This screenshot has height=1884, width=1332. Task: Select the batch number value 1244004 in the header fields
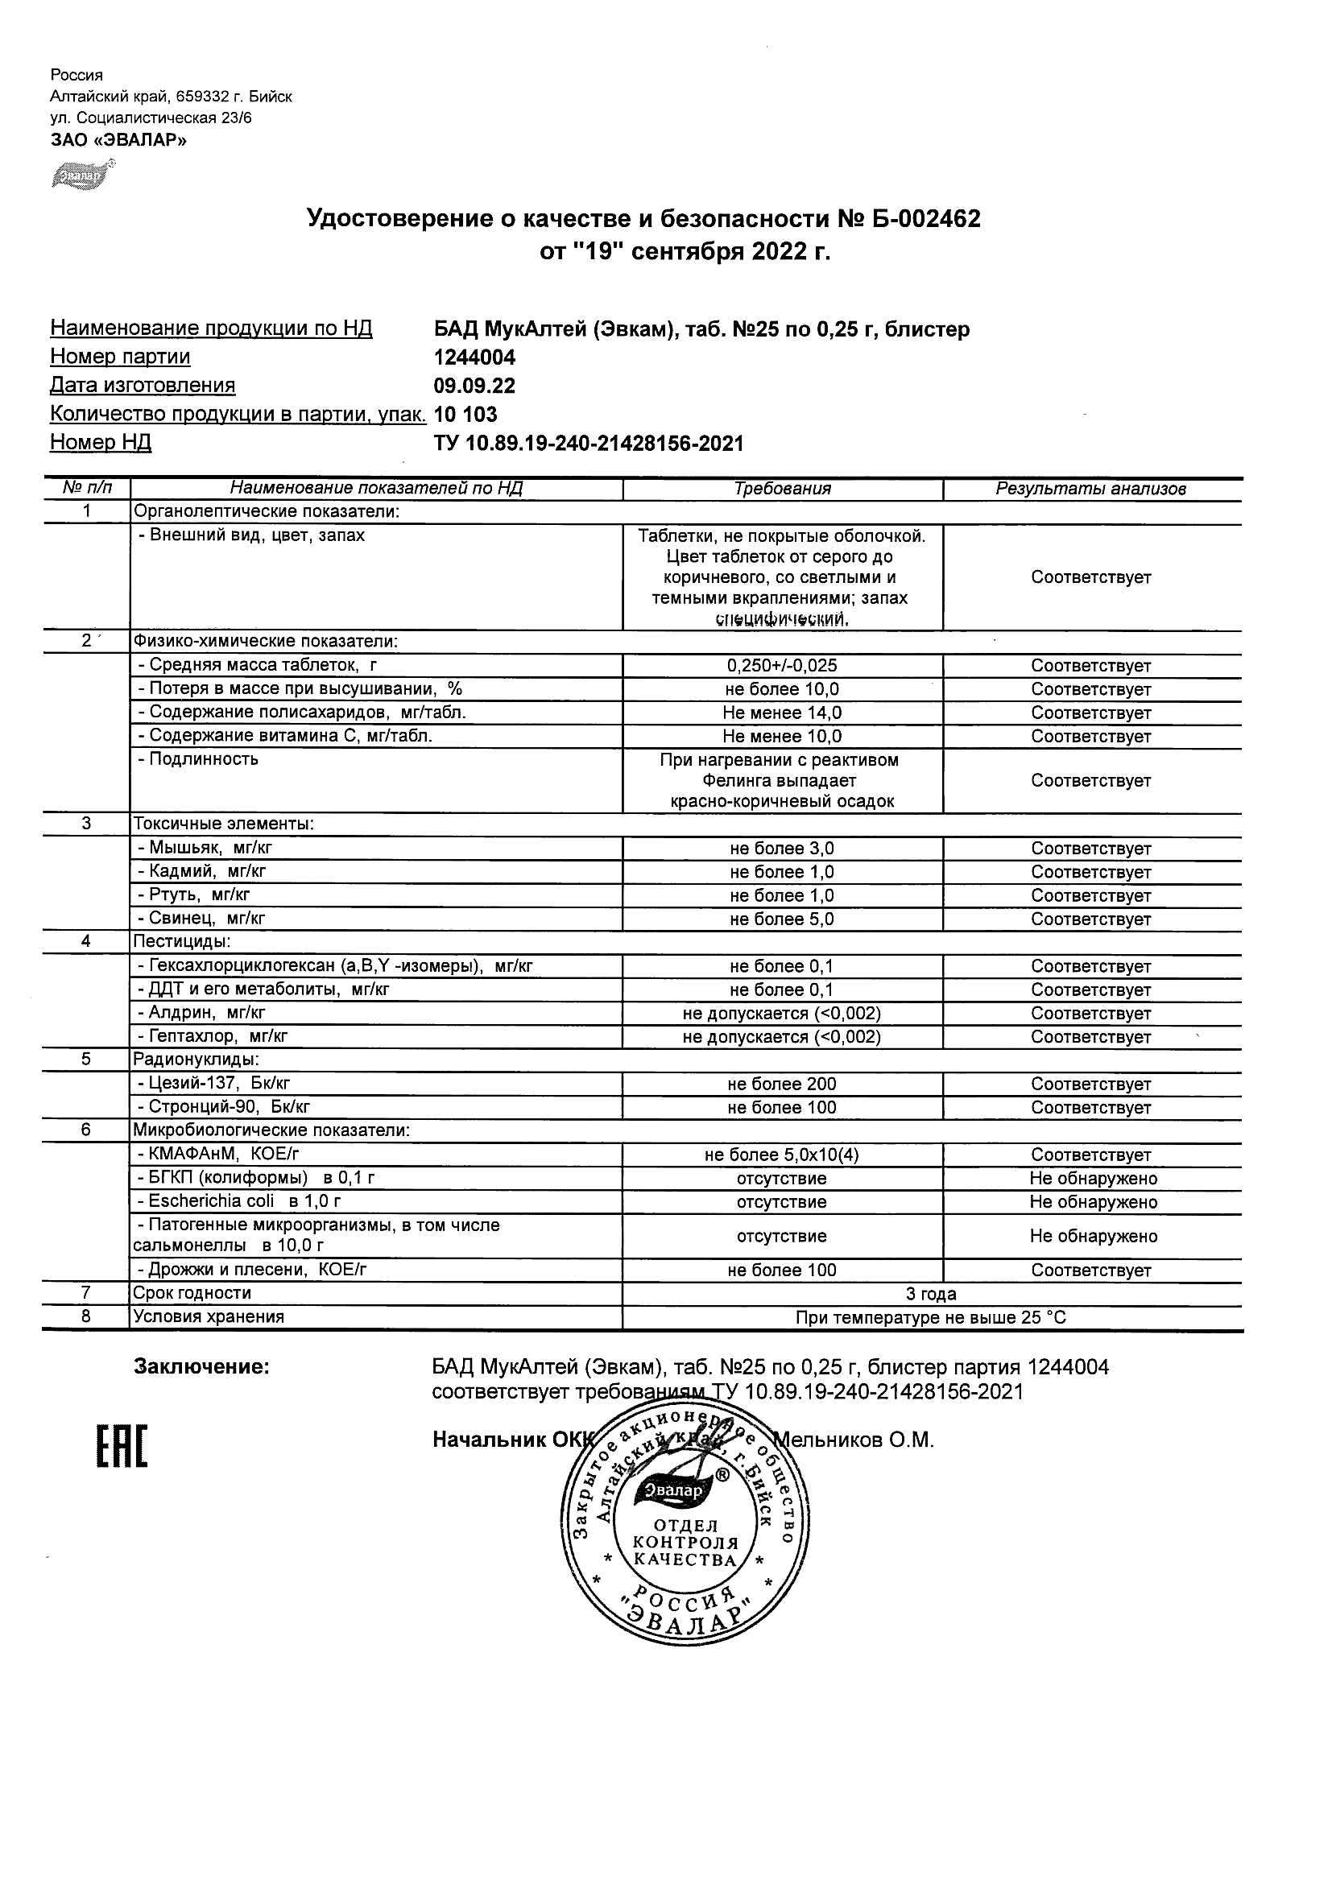[474, 357]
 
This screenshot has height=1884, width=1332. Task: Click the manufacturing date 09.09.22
[474, 386]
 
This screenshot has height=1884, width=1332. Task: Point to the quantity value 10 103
[465, 415]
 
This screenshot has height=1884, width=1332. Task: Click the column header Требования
[782, 489]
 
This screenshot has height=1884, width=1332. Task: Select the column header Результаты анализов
[1090, 489]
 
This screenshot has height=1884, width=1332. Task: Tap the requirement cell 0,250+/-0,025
[782, 667]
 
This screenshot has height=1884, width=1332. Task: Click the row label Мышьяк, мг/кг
[205, 849]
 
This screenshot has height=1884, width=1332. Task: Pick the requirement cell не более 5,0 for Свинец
[782, 919]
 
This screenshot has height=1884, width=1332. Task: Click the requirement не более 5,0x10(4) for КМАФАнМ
[782, 1155]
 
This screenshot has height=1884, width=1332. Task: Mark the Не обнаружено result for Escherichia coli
[1093, 1202]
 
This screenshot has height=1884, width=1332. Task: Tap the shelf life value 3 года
[931, 1294]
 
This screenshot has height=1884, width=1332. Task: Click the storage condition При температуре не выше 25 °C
[931, 1318]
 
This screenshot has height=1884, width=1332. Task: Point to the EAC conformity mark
[122, 1447]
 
